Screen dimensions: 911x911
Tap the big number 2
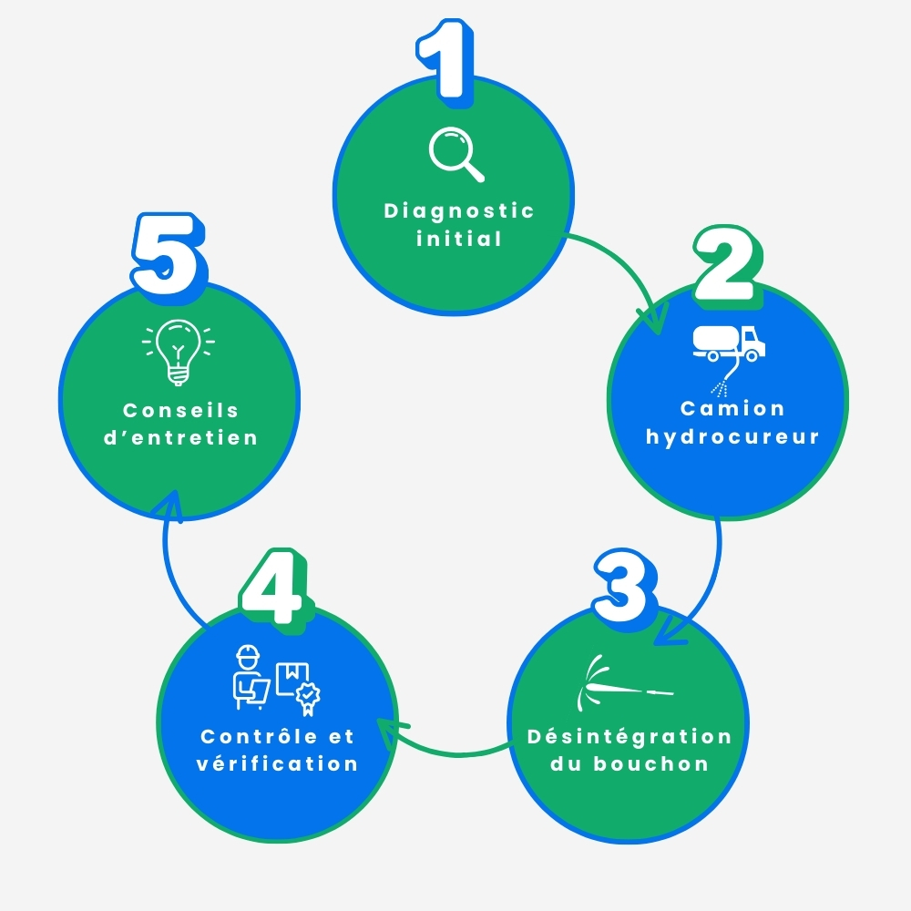pyautogui.click(x=727, y=264)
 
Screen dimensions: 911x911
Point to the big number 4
pyautogui.click(x=273, y=587)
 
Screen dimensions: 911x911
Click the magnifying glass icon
pyautogui.click(x=456, y=154)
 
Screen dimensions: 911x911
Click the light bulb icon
pyautogui.click(x=179, y=352)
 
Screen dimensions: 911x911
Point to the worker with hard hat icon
pyautogui.click(x=251, y=677)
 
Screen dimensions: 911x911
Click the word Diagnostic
pyautogui.click(x=459, y=211)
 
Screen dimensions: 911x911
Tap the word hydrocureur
pyautogui.click(x=732, y=436)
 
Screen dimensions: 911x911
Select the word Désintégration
pyautogui.click(x=630, y=737)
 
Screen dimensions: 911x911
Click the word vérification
pyautogui.click(x=277, y=763)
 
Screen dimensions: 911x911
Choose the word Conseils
pyautogui.click(x=180, y=410)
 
